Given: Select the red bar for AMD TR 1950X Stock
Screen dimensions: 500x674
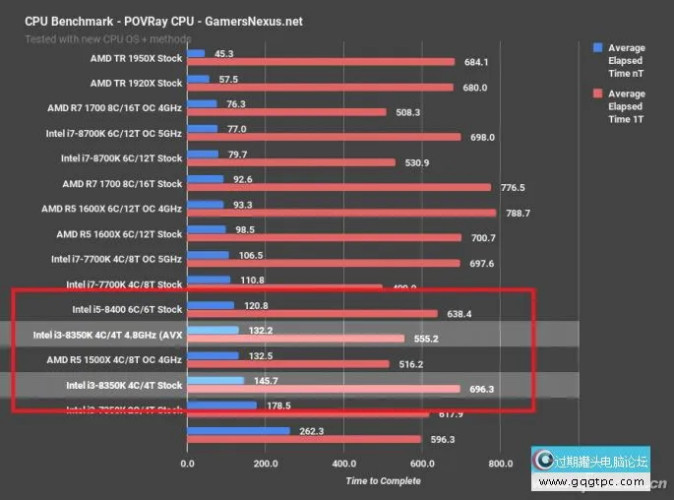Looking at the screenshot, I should (321, 62).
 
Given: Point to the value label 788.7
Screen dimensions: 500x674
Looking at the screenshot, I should (518, 213).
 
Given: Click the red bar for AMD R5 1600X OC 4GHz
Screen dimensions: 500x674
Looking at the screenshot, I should (340, 213).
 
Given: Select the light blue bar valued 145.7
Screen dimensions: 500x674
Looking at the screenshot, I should (214, 380).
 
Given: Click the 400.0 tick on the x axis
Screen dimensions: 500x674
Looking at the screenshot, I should (343, 463).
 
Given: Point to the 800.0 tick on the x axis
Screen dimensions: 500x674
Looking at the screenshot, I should (500, 463).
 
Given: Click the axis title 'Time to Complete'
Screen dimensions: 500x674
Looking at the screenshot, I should (383, 481).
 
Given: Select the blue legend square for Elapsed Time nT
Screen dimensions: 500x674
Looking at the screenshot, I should (597, 47).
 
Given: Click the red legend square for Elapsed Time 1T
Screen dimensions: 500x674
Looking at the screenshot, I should (597, 94).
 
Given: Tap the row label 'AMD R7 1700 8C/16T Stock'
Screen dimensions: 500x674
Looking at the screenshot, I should (122, 183).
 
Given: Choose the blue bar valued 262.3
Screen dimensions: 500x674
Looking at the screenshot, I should (238, 430).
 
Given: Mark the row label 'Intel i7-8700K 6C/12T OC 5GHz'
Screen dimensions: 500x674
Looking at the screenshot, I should (114, 133).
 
